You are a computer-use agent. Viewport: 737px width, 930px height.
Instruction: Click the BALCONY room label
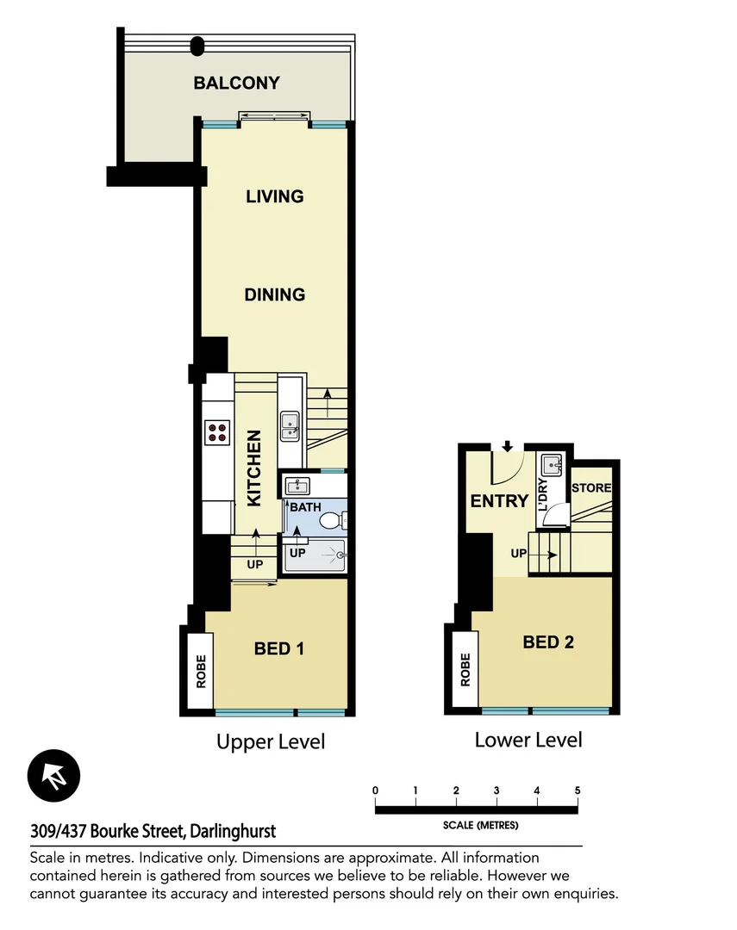coord(236,84)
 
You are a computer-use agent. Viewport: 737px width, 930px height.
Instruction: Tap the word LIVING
coord(275,196)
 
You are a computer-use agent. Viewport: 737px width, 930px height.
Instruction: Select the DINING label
coord(275,294)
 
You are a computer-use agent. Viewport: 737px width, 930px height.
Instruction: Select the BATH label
coord(304,507)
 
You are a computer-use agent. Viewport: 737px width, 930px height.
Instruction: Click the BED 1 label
coord(278,648)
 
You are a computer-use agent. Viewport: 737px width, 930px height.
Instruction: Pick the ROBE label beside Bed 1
coord(201,672)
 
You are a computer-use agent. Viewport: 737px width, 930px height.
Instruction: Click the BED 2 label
coord(548,642)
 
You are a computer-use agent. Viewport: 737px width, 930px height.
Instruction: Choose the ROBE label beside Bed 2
coord(465,669)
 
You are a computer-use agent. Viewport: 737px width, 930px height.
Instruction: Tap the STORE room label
coord(591,488)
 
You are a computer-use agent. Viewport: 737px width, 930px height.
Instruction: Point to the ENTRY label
coord(499,500)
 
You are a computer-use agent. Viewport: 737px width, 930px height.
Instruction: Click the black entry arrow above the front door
coord(508,446)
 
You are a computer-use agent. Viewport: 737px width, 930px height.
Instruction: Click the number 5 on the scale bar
coord(577,790)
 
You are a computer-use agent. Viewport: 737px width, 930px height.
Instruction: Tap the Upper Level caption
coord(271,741)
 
